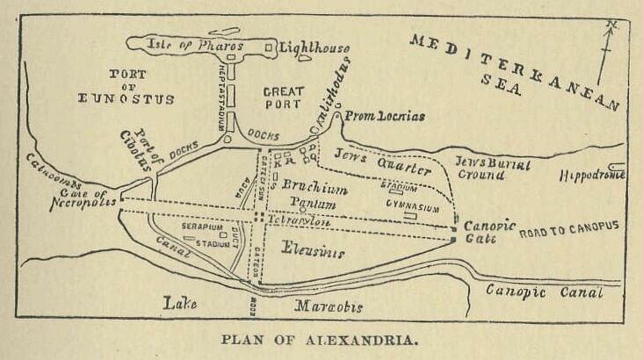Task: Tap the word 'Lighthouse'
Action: tap(314, 47)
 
